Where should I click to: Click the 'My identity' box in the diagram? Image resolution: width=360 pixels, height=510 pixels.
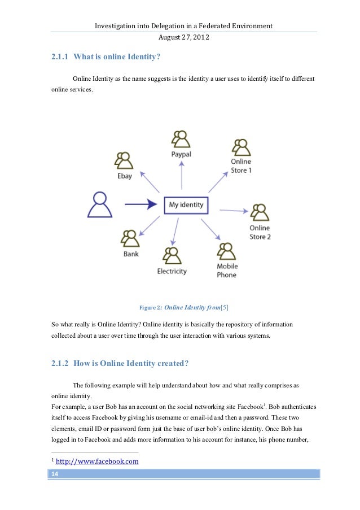pyautogui.click(x=186, y=204)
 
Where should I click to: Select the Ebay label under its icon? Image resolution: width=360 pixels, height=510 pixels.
pyautogui.click(x=125, y=176)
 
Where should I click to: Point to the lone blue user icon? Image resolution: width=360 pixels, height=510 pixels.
pyautogui.click(x=100, y=204)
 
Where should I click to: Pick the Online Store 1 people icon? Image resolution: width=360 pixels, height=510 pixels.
pyautogui.click(x=241, y=147)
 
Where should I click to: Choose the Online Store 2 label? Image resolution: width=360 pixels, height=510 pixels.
pyautogui.click(x=260, y=232)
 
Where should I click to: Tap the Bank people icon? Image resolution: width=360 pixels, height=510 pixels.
pyautogui.click(x=131, y=239)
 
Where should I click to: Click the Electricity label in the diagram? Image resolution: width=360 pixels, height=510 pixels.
pyautogui.click(x=172, y=271)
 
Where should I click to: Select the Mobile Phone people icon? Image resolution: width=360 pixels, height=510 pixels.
pyautogui.click(x=226, y=251)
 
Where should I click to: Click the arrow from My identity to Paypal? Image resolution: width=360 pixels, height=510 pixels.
pyautogui.click(x=182, y=175)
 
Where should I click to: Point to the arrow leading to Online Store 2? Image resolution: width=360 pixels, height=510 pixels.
pyautogui.click(x=233, y=211)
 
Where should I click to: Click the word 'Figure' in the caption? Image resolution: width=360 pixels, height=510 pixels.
pyautogui.click(x=147, y=308)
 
